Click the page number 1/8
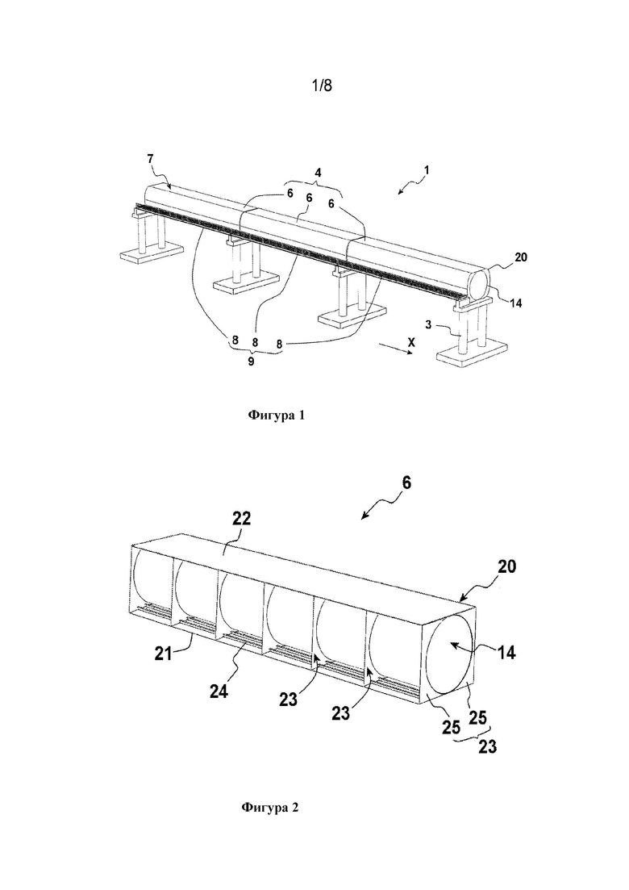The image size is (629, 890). coord(322,86)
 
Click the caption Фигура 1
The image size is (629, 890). coord(277,415)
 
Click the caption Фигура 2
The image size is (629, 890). coord(270,808)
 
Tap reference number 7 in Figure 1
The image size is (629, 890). coord(150,159)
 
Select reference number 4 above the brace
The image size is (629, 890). coord(319,173)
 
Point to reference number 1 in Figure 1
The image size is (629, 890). coord(426,169)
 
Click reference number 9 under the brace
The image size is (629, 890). coord(251,361)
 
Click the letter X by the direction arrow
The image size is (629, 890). coord(411,342)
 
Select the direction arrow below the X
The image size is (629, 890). coord(397,351)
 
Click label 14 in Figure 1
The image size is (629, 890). coord(515,303)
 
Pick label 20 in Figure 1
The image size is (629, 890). coord(521,257)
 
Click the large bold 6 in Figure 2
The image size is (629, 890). coord(406,483)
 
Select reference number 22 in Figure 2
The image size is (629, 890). coord(241,519)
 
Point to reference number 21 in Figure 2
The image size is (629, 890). coord(164,654)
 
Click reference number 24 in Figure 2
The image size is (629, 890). coord(219,691)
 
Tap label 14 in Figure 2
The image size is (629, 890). coord(506,653)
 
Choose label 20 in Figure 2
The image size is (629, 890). coord(506,566)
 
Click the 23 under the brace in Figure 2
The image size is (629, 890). coord(488,746)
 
